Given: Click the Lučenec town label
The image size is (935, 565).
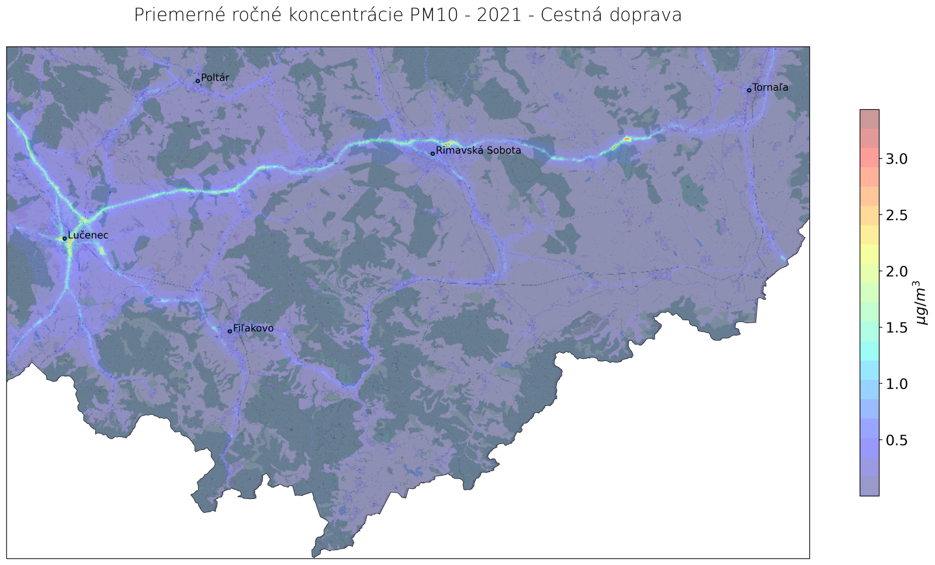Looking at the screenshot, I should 88,235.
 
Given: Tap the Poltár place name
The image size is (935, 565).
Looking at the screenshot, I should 215,78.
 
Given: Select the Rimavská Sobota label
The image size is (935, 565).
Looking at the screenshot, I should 479,151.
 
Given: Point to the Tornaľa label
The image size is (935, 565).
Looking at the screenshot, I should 770,88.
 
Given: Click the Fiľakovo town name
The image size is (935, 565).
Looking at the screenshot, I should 253,329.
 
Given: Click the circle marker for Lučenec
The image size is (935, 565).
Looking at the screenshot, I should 64,238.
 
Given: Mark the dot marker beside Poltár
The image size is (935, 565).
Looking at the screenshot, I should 198,81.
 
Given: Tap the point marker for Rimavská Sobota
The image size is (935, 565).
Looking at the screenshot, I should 432,154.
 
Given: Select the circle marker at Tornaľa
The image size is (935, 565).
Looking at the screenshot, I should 749,90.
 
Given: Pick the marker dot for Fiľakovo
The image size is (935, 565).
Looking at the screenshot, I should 230,331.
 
